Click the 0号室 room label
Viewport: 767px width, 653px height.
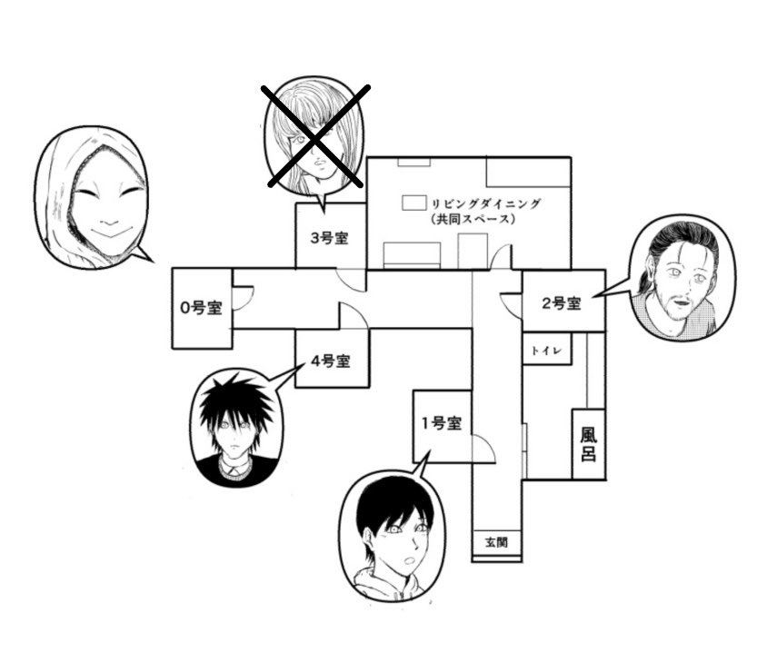click(201, 307)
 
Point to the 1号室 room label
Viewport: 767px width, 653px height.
click(441, 423)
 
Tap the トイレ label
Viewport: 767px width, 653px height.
click(546, 349)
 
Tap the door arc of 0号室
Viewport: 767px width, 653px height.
click(242, 297)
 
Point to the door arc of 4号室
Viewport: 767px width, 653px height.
click(353, 315)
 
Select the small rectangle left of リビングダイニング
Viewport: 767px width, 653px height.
click(414, 202)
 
